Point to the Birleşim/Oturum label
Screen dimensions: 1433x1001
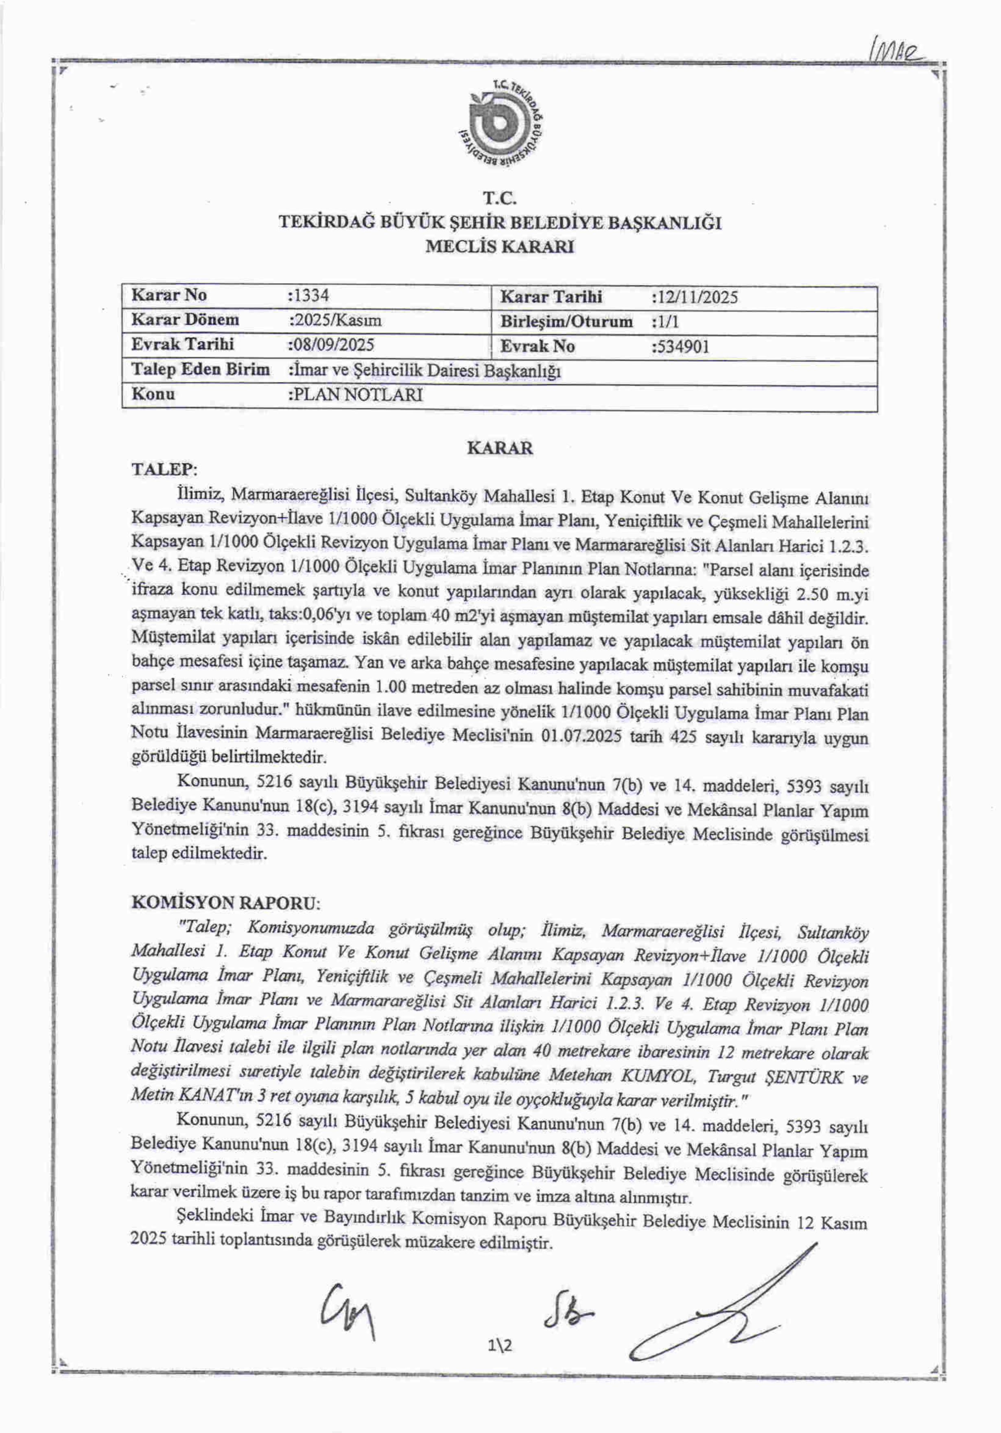pyautogui.click(x=566, y=322)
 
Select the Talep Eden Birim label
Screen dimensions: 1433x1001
pyautogui.click(x=200, y=370)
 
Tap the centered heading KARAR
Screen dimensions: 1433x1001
pyautogui.click(x=500, y=448)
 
